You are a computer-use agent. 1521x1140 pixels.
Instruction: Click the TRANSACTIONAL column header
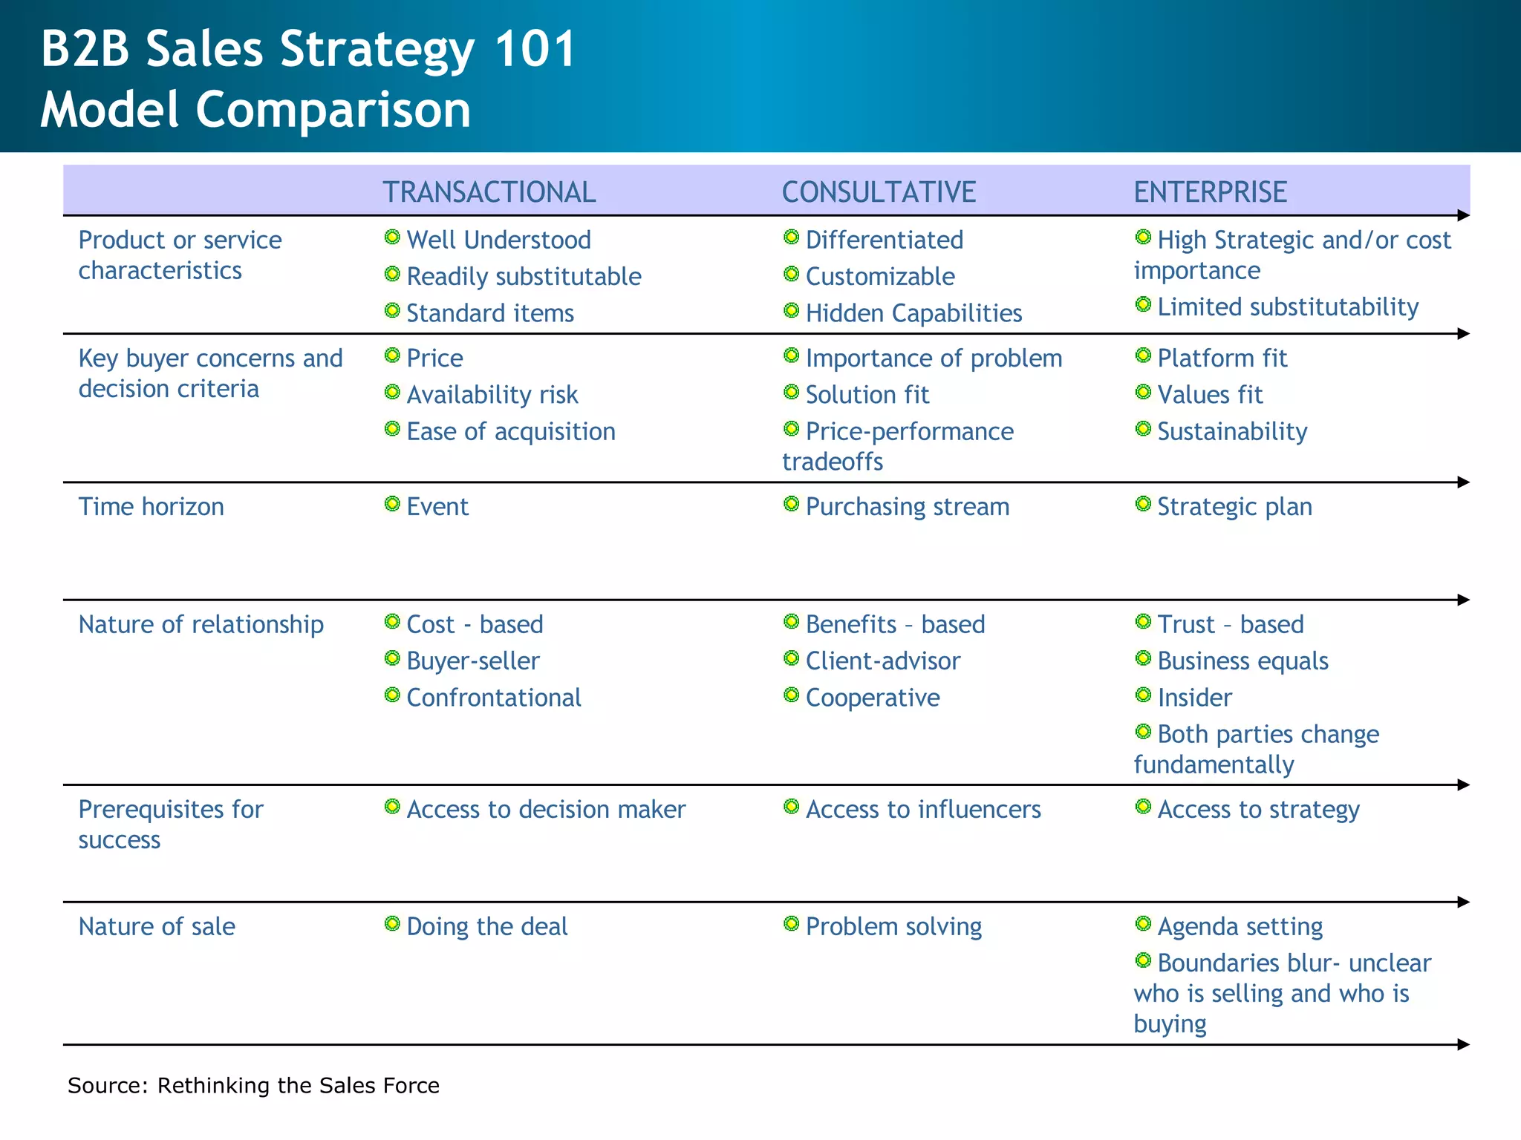coord(489,192)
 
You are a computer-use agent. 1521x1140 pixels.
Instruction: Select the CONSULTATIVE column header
coord(879,192)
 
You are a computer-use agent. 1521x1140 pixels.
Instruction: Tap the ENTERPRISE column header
coord(1210,192)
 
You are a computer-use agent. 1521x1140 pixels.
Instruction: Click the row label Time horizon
coord(152,507)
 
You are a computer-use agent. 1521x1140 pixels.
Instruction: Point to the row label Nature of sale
coord(157,927)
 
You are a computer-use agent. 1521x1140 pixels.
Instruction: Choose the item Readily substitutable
coord(524,277)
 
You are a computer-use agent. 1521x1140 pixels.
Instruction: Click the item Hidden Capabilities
coord(913,313)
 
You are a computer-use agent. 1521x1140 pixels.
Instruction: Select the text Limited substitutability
coord(1288,307)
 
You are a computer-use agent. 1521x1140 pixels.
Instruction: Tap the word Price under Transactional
coord(434,358)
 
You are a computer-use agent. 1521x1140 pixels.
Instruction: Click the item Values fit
coord(1210,395)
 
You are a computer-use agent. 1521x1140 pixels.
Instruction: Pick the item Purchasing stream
coord(907,507)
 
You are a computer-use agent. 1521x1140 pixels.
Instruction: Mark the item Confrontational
coord(494,698)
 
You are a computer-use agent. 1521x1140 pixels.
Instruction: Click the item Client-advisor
coord(882,661)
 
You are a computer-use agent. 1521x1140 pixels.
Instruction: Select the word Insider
coord(1194,698)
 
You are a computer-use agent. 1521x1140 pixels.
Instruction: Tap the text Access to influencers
coord(923,810)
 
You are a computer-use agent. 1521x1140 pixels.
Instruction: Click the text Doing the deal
coord(487,927)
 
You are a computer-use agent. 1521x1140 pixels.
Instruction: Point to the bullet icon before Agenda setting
coord(1143,924)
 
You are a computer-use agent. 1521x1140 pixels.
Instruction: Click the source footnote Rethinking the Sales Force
coord(298,1086)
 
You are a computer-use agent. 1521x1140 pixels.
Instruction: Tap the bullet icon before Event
coord(392,505)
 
